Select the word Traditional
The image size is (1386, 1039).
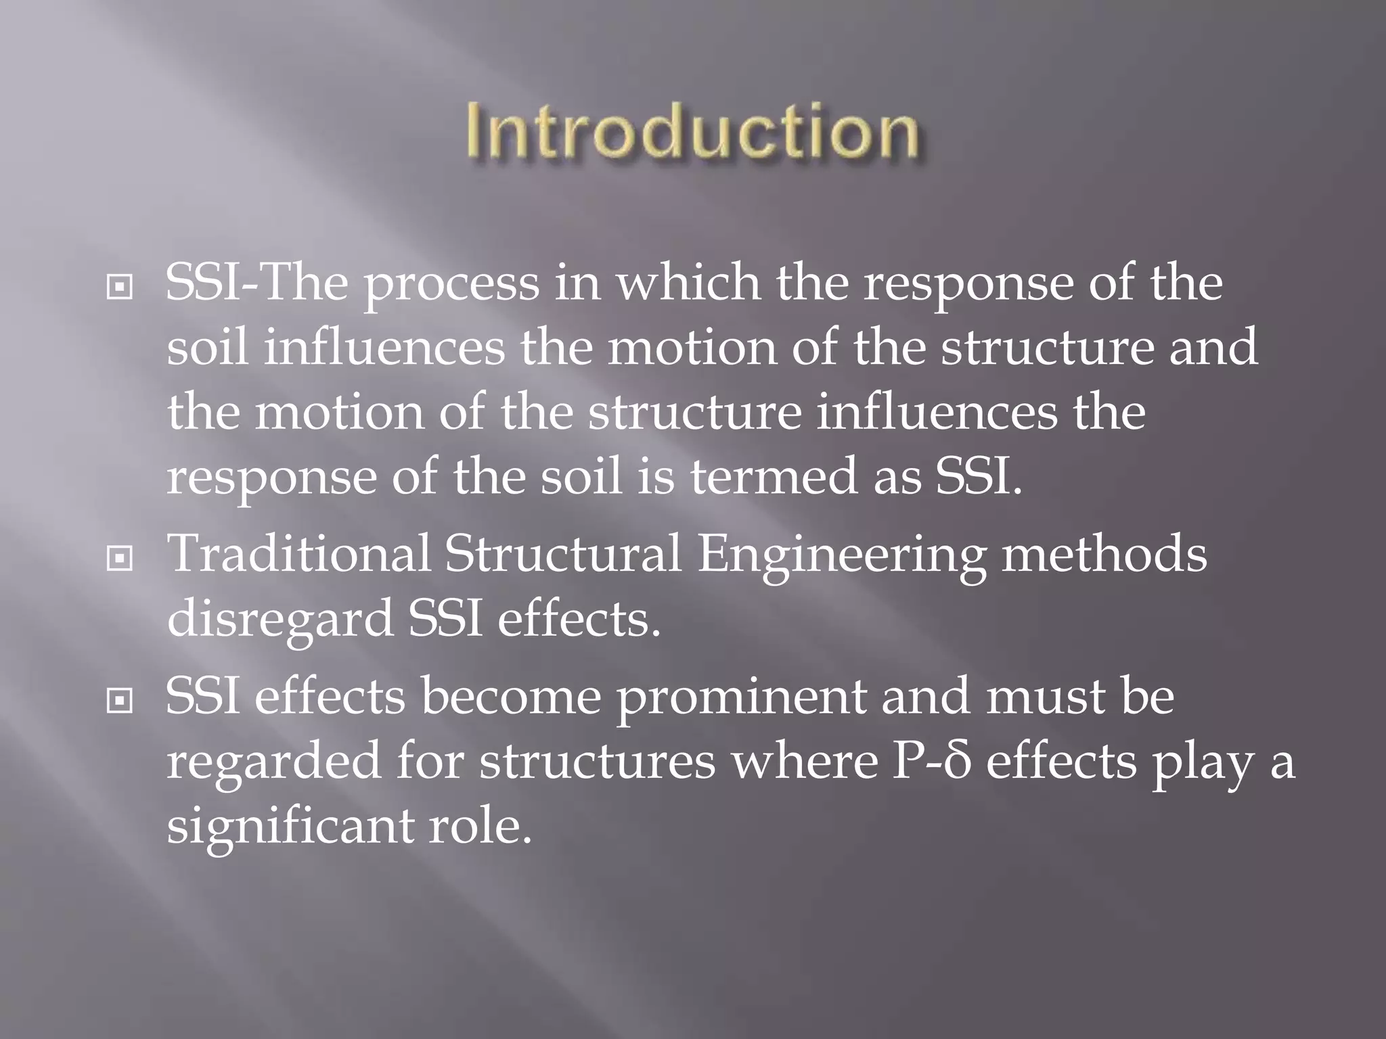click(x=298, y=555)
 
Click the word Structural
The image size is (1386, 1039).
click(x=562, y=555)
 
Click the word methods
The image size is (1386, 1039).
click(x=1104, y=555)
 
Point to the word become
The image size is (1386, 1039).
click(x=511, y=698)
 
